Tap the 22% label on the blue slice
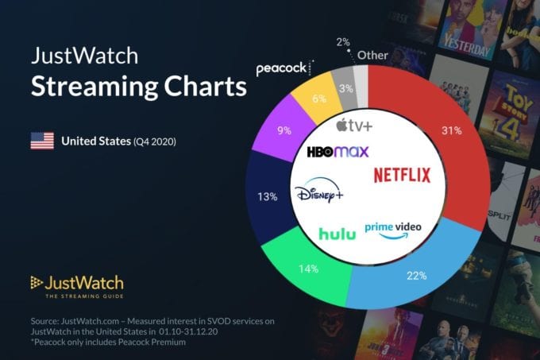(x=417, y=276)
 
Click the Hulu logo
(x=337, y=234)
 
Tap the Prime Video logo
(x=392, y=229)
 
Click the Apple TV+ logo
(x=354, y=125)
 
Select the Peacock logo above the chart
(x=284, y=69)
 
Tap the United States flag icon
(x=41, y=141)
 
